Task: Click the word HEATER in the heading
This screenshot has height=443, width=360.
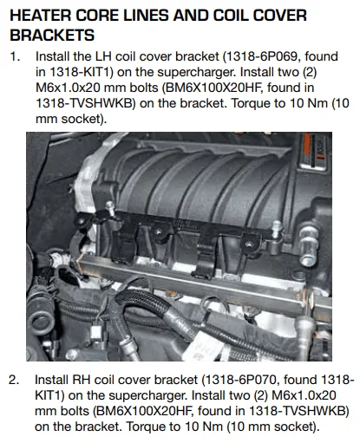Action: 41,16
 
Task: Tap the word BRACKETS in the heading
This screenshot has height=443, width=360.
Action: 52,36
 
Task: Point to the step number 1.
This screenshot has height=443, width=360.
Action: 15,56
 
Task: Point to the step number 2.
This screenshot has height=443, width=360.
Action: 14,380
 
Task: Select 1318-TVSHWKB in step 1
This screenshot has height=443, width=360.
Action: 84,103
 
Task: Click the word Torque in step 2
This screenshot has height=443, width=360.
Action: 144,427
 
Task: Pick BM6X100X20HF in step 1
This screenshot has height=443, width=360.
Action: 213,88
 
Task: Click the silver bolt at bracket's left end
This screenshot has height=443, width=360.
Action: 110,208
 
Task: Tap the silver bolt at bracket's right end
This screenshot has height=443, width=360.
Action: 277,230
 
